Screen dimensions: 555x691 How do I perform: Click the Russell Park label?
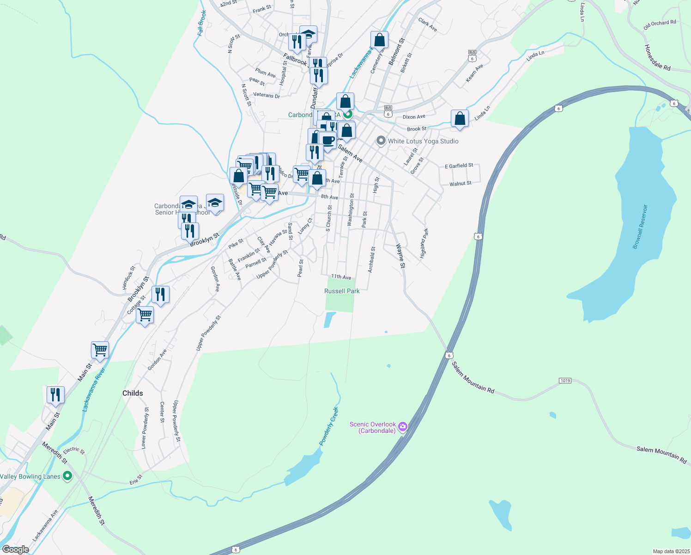pos(342,291)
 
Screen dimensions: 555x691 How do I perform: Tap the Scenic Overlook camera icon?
pos(403,426)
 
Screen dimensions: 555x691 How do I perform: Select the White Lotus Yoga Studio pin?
pos(381,141)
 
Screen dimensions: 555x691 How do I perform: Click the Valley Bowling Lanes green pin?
pos(67,476)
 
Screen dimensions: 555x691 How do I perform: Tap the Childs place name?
pos(133,393)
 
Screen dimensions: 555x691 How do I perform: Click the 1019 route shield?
pos(565,381)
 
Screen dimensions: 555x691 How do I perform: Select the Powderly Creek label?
pos(329,426)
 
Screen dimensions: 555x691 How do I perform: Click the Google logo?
pos(15,549)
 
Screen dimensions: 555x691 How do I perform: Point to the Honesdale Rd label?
pos(657,58)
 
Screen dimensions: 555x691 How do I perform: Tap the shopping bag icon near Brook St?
pos(460,119)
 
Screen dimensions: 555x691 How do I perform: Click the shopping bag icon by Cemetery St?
pos(379,40)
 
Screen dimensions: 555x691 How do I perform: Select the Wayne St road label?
pos(400,256)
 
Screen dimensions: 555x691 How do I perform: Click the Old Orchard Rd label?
pos(660,25)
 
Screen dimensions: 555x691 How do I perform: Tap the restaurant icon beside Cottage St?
pos(160,294)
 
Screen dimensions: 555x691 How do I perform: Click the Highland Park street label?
pos(423,243)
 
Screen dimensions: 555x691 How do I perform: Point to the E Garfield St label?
pos(459,166)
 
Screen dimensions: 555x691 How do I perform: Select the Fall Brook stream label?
pos(201,23)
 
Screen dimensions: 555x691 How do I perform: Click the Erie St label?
pos(136,480)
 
